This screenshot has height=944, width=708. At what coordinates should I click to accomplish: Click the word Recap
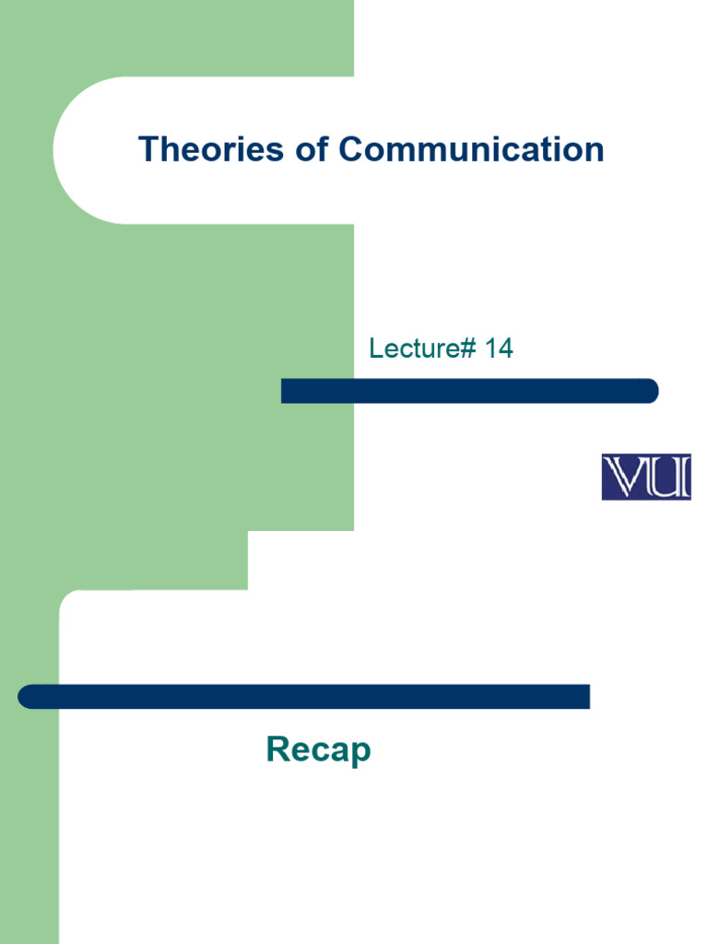point(318,750)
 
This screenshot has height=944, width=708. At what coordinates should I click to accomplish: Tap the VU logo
point(645,477)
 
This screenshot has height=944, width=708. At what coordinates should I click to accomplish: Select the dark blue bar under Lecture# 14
point(469,391)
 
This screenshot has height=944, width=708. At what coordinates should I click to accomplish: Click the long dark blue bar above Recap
point(304,697)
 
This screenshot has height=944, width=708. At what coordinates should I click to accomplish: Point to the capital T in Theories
point(147,149)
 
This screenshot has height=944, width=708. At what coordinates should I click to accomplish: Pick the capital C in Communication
point(350,149)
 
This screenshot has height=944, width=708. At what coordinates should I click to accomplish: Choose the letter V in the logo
point(622,477)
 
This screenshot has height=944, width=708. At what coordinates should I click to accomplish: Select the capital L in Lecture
point(375,348)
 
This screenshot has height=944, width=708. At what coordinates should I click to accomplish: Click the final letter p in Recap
point(360,753)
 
